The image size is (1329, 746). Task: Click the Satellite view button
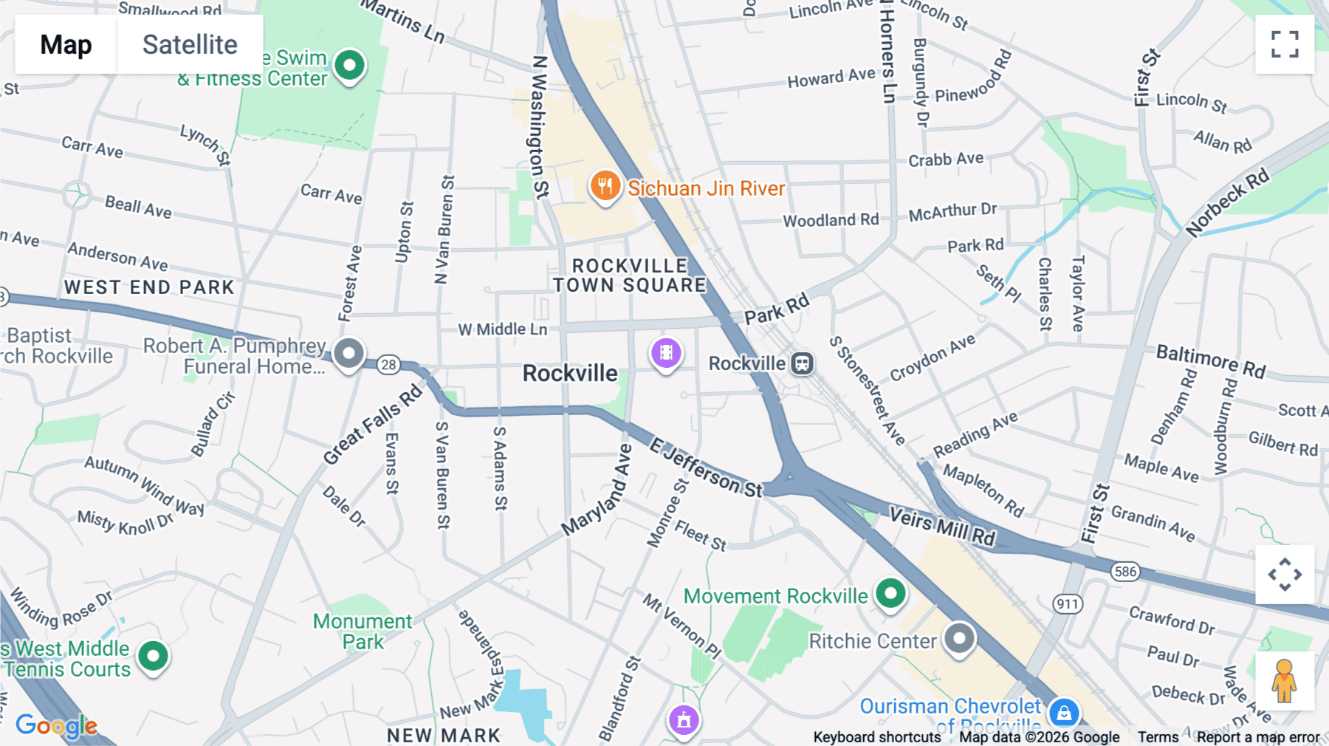pos(190,44)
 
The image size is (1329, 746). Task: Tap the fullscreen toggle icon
pos(1285,44)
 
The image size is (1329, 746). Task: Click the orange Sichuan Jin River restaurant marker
pos(605,186)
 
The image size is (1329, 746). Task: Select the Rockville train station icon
pos(803,363)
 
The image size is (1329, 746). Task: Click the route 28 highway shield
pos(388,364)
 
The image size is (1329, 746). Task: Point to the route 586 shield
pos(1125,571)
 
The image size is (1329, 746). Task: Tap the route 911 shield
pos(1067,604)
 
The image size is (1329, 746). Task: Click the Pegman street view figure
pos(1284,681)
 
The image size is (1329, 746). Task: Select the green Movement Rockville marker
pos(890,593)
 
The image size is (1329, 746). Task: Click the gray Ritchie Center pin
pos(959,638)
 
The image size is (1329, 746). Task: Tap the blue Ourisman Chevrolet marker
pos(1064,713)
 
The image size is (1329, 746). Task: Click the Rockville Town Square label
pos(630,276)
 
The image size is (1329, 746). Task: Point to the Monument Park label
pos(363,632)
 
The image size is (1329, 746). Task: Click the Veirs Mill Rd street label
pos(942,527)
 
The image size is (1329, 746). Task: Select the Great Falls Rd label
pos(373,425)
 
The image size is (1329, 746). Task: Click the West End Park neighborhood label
pos(149,287)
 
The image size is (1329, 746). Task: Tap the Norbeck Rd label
pos(1227,203)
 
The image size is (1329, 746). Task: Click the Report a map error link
pos(1258,737)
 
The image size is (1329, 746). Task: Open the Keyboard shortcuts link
pos(876,737)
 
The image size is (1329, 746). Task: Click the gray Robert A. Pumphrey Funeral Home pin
pos(348,353)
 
